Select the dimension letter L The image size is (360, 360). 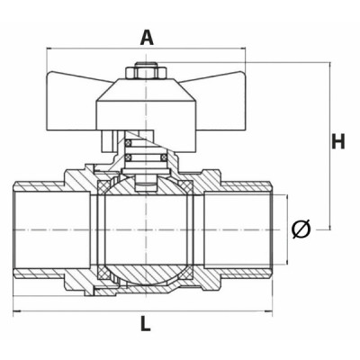pyautogui.click(x=146, y=326)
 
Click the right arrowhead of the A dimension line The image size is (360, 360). pyautogui.click(x=243, y=51)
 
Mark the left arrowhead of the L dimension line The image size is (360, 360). pyautogui.click(x=16, y=311)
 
